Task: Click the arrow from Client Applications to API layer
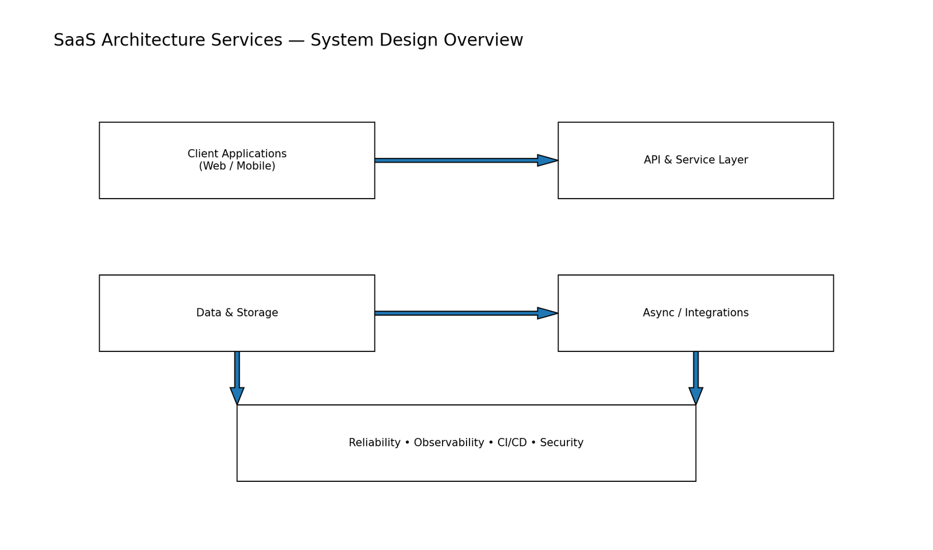coord(455,160)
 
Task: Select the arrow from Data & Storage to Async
coord(455,313)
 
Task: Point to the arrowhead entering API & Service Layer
coord(547,160)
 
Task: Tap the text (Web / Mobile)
coord(237,167)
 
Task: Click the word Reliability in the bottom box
coord(374,443)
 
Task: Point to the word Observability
coord(449,443)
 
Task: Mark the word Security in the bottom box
coord(562,443)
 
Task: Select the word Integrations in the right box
coord(717,313)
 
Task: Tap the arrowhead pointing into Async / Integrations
coord(547,313)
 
